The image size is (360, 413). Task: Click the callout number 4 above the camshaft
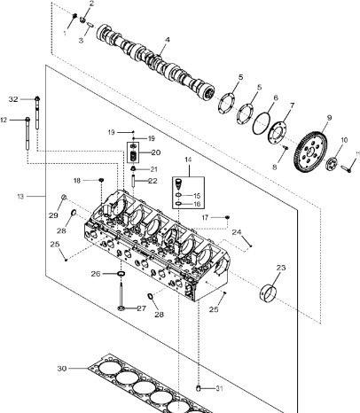coord(167,40)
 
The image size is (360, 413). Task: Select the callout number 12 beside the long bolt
coord(4,120)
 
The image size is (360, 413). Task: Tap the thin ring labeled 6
coord(263,125)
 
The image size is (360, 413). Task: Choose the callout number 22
coord(153,181)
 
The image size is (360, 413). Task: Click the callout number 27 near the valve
coord(140,308)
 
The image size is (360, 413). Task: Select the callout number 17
coord(205,217)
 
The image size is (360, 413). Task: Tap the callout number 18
coord(77,180)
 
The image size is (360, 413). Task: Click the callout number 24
coord(236,232)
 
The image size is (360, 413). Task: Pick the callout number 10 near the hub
coord(343,140)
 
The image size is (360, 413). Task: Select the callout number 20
coord(155,152)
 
